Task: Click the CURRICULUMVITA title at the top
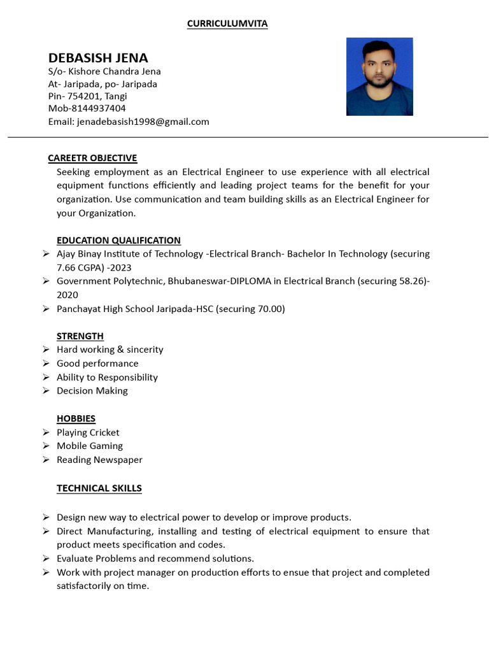(227, 24)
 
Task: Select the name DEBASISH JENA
(98, 58)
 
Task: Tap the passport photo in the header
(379, 76)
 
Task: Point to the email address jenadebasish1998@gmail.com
(143, 121)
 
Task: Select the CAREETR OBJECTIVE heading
(92, 158)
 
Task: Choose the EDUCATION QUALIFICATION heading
(118, 240)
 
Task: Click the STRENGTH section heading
(80, 336)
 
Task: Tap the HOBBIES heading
(76, 418)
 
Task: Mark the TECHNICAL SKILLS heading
(99, 488)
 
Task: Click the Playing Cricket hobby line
(88, 432)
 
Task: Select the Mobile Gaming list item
(90, 446)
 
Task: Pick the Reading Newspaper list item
(99, 460)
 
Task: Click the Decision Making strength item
(92, 390)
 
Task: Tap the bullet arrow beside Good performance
(46, 363)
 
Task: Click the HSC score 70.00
(269, 309)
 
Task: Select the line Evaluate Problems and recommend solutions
(155, 558)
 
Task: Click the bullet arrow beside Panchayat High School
(46, 309)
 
